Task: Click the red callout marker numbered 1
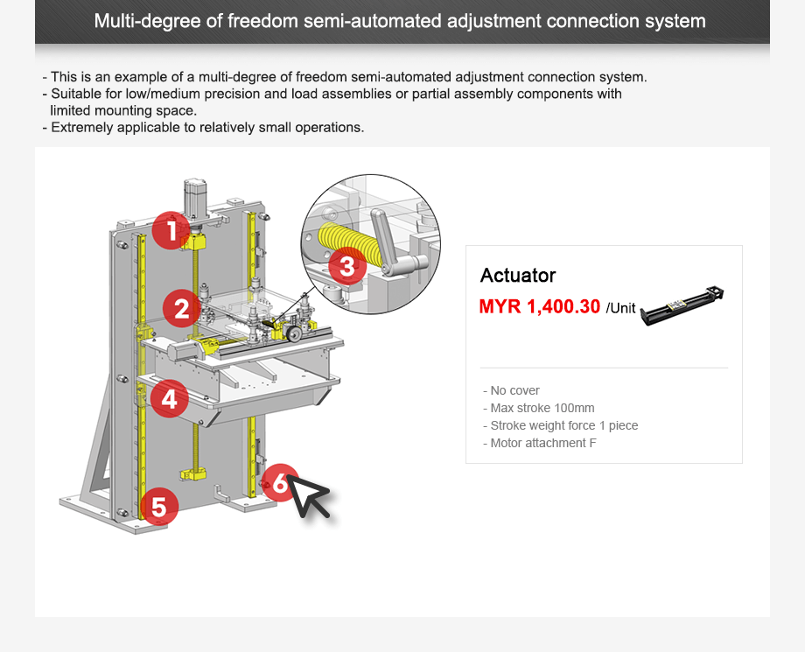click(x=171, y=231)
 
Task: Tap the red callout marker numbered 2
click(x=182, y=309)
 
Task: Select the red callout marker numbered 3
click(x=347, y=266)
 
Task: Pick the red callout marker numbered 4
click(x=170, y=399)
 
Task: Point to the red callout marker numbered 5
click(x=158, y=507)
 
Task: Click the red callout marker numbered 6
click(x=279, y=482)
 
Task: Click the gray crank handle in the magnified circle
click(x=394, y=241)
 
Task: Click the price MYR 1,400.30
click(x=539, y=306)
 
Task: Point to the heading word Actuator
click(x=517, y=276)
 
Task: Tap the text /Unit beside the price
click(x=620, y=308)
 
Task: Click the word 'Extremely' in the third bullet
click(x=79, y=127)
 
